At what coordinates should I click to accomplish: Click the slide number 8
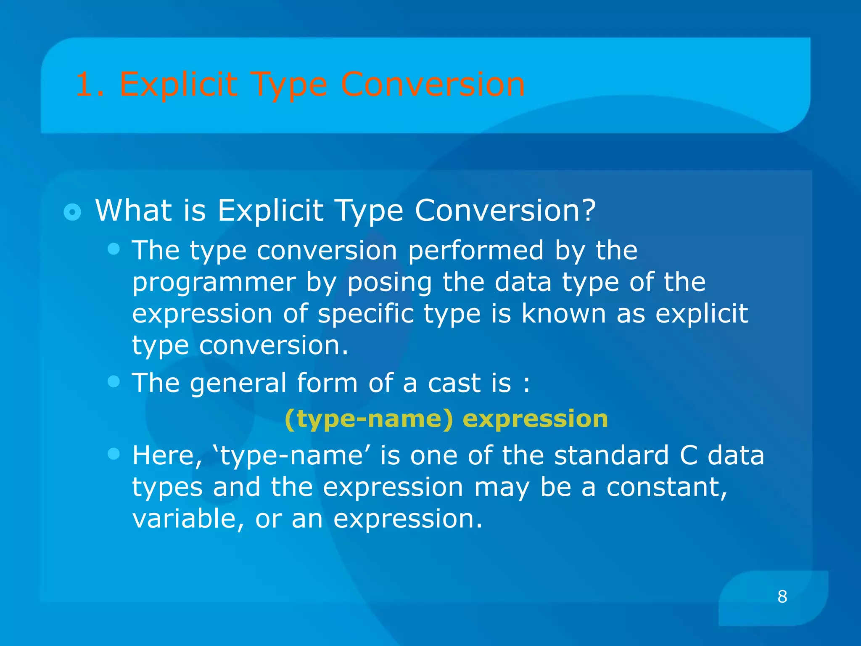pos(782,596)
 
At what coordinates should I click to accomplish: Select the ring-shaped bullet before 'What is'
pos(72,212)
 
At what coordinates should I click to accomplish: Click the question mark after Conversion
pos(588,210)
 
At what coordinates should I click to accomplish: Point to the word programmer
pos(214,283)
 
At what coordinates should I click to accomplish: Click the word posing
pos(389,283)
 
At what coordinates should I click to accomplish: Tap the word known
pos(563,313)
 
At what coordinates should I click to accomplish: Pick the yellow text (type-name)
pos(369,419)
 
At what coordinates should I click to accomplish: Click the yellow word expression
pos(535,419)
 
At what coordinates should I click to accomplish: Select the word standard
pos(611,455)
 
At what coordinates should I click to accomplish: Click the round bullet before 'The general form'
pos(114,381)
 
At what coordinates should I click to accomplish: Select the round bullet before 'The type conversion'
pos(114,249)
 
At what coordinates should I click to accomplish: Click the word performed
pos(475,250)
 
